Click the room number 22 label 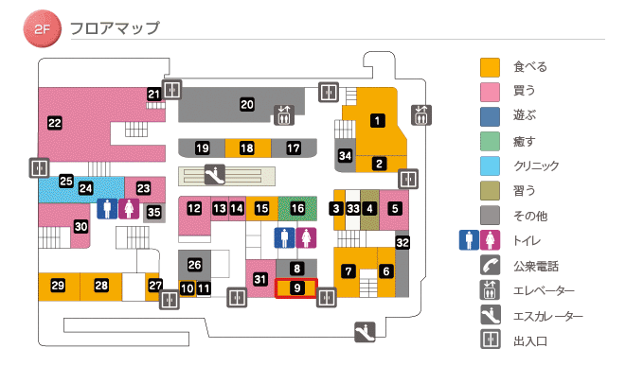[55, 122]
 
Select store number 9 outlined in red [296, 288]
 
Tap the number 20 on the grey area [247, 104]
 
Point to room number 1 [377, 120]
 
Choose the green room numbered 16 [298, 207]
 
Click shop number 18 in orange [247, 148]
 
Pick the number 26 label [195, 264]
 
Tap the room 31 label [260, 278]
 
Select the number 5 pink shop [395, 207]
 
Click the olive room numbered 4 [370, 207]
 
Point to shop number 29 [58, 285]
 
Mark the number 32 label [402, 243]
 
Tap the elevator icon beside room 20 [284, 114]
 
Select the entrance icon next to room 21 [172, 90]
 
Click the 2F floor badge [41, 28]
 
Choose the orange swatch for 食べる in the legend [490, 67]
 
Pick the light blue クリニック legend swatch [490, 166]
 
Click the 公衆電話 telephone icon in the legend [490, 266]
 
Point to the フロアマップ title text [115, 28]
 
